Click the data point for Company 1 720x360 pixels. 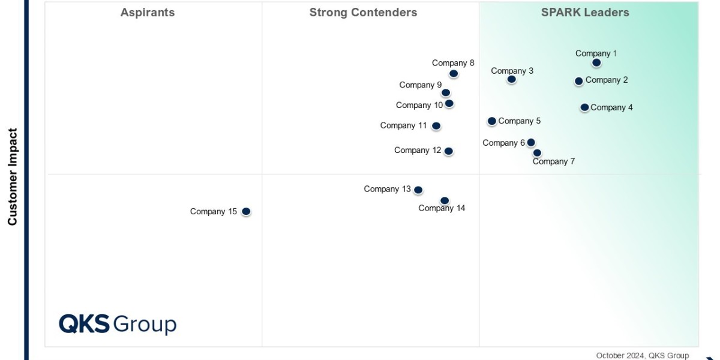coord(596,62)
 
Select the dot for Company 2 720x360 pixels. coord(579,81)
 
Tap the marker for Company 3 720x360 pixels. coord(512,79)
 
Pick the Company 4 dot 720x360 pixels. coord(584,107)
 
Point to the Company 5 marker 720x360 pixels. coord(492,121)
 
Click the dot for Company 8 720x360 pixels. coord(454,74)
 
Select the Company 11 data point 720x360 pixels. coord(436,126)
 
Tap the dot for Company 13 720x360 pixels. coord(418,190)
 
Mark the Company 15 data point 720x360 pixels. coord(246,211)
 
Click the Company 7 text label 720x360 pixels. coord(554,161)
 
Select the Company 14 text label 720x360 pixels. coord(442,208)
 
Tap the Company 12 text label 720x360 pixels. coord(418,150)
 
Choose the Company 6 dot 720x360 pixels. coord(531,143)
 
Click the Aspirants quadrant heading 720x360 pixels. coord(148,13)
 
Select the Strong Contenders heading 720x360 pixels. coord(363,13)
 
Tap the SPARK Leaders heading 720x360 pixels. coord(585,13)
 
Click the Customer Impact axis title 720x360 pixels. coord(13,176)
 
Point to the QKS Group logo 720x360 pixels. coord(118,324)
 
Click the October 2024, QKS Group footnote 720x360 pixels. coord(643,355)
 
